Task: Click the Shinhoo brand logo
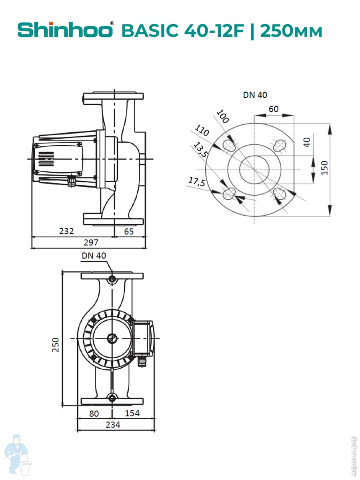(66, 30)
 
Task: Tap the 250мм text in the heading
(291, 31)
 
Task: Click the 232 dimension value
(66, 231)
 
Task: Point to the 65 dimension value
(129, 231)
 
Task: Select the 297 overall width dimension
(91, 242)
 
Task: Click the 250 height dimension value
(56, 345)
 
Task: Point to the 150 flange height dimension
(324, 168)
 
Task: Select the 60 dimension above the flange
(274, 109)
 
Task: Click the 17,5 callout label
(197, 182)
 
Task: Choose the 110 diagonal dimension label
(202, 130)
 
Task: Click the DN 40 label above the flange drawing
(255, 95)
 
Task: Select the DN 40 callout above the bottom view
(94, 256)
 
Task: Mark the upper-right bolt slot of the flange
(280, 145)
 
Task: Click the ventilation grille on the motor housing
(46, 159)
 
